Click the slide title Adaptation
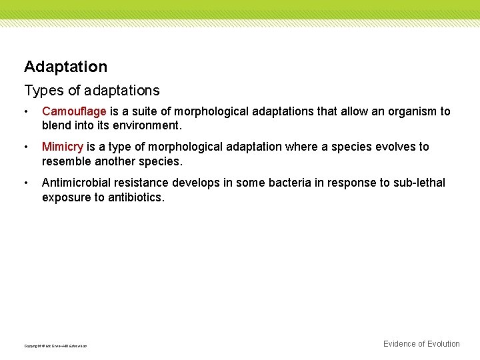pos(65,67)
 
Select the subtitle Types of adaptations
pos(92,90)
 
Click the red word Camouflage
pos(74,111)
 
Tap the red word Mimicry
pos(63,147)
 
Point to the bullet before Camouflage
pos(26,112)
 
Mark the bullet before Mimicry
pos(26,147)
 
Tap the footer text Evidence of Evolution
pos(421,344)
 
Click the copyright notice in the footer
pos(55,345)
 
